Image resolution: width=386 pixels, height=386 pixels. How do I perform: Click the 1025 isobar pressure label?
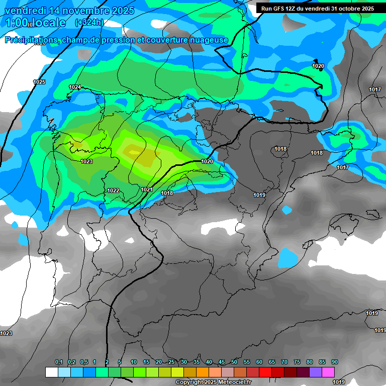(39, 82)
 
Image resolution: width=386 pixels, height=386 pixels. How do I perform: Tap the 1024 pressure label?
(75, 87)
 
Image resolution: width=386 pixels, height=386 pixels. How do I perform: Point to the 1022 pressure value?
(113, 190)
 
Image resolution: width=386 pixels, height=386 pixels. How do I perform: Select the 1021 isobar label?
(147, 189)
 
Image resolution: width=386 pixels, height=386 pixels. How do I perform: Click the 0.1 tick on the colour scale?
(59, 362)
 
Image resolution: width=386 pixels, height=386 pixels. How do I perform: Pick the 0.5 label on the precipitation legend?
(84, 362)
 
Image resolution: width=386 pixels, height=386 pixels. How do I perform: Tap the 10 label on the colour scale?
(134, 362)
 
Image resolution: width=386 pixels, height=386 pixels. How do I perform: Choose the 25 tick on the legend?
(171, 362)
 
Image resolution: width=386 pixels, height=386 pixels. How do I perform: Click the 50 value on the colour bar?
(234, 362)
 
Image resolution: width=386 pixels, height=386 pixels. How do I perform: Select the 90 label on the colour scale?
(335, 362)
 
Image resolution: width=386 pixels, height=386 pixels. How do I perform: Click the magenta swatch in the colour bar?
(328, 372)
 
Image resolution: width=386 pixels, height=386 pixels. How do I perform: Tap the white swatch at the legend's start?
(51, 372)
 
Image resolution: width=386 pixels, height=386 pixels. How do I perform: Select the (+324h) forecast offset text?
(89, 23)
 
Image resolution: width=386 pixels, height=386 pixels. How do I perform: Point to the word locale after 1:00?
(47, 23)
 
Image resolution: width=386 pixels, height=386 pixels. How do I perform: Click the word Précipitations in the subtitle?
(30, 40)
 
